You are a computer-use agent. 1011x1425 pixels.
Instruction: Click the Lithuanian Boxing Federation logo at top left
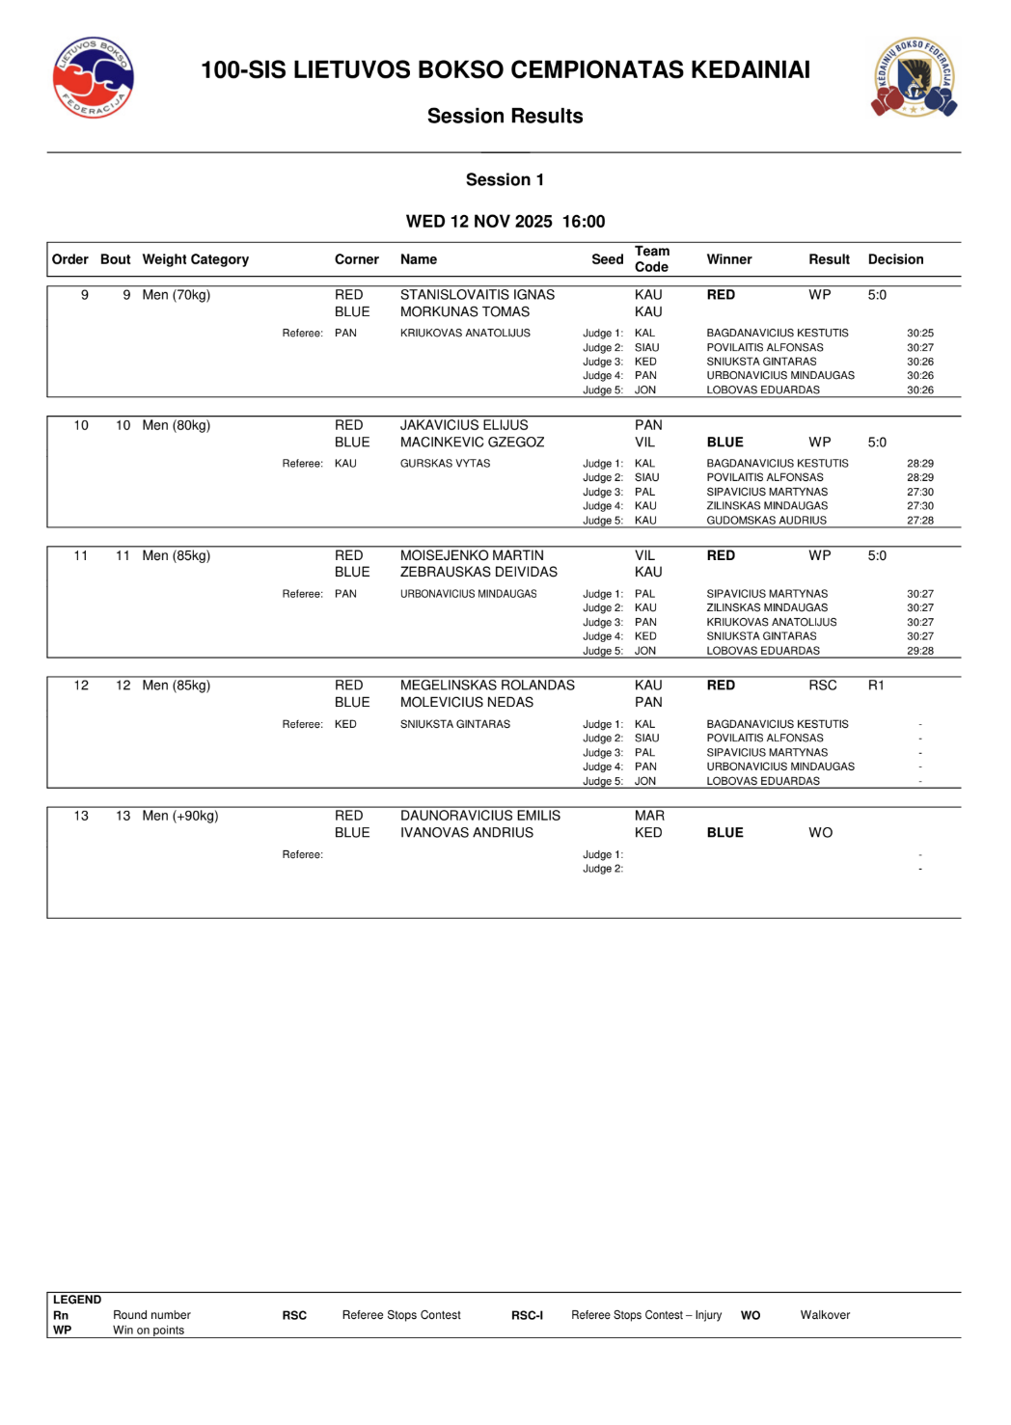coord(93,78)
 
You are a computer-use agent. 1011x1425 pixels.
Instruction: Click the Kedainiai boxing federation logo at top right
coord(914,78)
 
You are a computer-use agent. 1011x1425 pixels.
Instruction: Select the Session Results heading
coord(505,117)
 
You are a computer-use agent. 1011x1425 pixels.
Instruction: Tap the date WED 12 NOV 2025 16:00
coord(505,222)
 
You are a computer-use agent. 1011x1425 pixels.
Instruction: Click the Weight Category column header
coord(195,259)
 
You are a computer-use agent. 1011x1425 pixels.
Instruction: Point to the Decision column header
coord(895,259)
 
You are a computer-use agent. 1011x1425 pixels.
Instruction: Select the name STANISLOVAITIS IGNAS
coord(478,295)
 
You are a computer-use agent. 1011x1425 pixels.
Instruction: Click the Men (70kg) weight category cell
coord(176,295)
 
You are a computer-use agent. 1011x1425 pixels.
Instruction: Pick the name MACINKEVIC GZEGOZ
coord(472,443)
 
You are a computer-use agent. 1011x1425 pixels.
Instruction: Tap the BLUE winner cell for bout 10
coord(724,443)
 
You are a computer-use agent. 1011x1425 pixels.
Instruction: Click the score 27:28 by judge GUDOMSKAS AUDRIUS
coord(919,521)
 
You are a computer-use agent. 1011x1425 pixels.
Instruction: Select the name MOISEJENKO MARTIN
coord(472,555)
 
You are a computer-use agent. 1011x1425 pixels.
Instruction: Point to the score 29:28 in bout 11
coord(919,651)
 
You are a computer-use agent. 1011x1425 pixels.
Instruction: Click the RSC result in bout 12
coord(822,686)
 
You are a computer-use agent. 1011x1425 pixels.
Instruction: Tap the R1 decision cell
coord(876,686)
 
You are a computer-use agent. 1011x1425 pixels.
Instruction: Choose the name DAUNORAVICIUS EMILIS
coord(480,816)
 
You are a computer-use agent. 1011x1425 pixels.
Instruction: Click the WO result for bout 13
coord(820,833)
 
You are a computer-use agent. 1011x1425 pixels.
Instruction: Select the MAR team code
coord(649,816)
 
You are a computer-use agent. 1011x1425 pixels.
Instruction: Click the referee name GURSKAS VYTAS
coord(445,464)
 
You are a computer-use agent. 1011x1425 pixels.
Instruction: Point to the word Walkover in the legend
coord(825,1315)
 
